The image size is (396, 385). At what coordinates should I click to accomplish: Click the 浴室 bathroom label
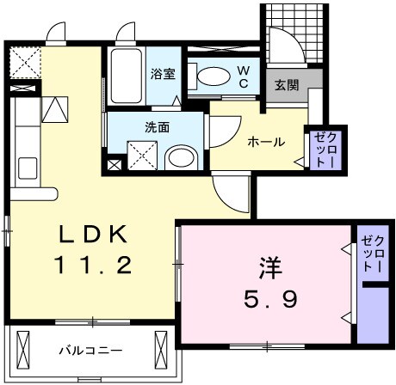click(163, 73)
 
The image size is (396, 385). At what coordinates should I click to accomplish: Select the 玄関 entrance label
click(286, 86)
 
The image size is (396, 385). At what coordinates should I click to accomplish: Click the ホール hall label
click(266, 141)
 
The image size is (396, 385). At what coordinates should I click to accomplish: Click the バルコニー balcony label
click(90, 351)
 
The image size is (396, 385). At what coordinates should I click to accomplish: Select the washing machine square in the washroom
click(141, 156)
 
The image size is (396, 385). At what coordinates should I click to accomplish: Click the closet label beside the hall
click(319, 148)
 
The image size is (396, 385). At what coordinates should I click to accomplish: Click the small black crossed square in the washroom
click(114, 163)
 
